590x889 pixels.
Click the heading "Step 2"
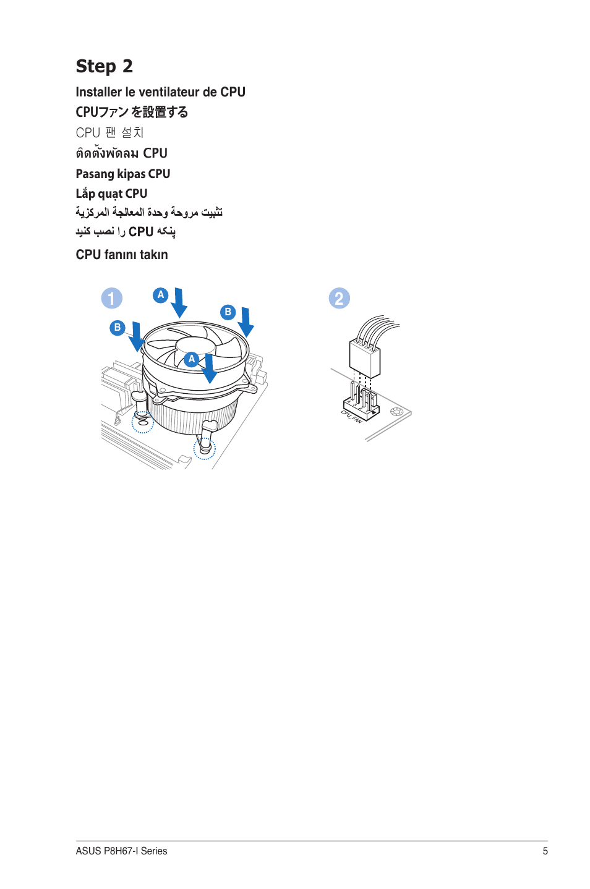[x=104, y=66]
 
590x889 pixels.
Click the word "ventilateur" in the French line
[x=169, y=92]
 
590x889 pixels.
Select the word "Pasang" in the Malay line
[x=95, y=174]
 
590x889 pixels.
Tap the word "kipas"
[x=130, y=174]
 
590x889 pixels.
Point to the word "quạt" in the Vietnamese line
[x=110, y=194]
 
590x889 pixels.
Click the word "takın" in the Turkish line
[x=153, y=255]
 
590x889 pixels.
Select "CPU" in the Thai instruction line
[x=155, y=153]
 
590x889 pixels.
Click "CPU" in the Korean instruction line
[x=88, y=133]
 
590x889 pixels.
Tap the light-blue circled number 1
[x=112, y=299]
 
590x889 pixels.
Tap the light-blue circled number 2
[x=339, y=299]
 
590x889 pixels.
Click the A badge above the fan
[x=161, y=295]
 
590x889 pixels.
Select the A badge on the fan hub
[x=192, y=359]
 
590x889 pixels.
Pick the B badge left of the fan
[x=118, y=328]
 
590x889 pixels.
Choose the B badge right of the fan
[x=228, y=312]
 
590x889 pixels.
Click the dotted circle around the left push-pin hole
[x=143, y=423]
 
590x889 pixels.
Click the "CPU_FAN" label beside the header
[x=352, y=417]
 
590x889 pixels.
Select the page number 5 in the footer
[x=545, y=851]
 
